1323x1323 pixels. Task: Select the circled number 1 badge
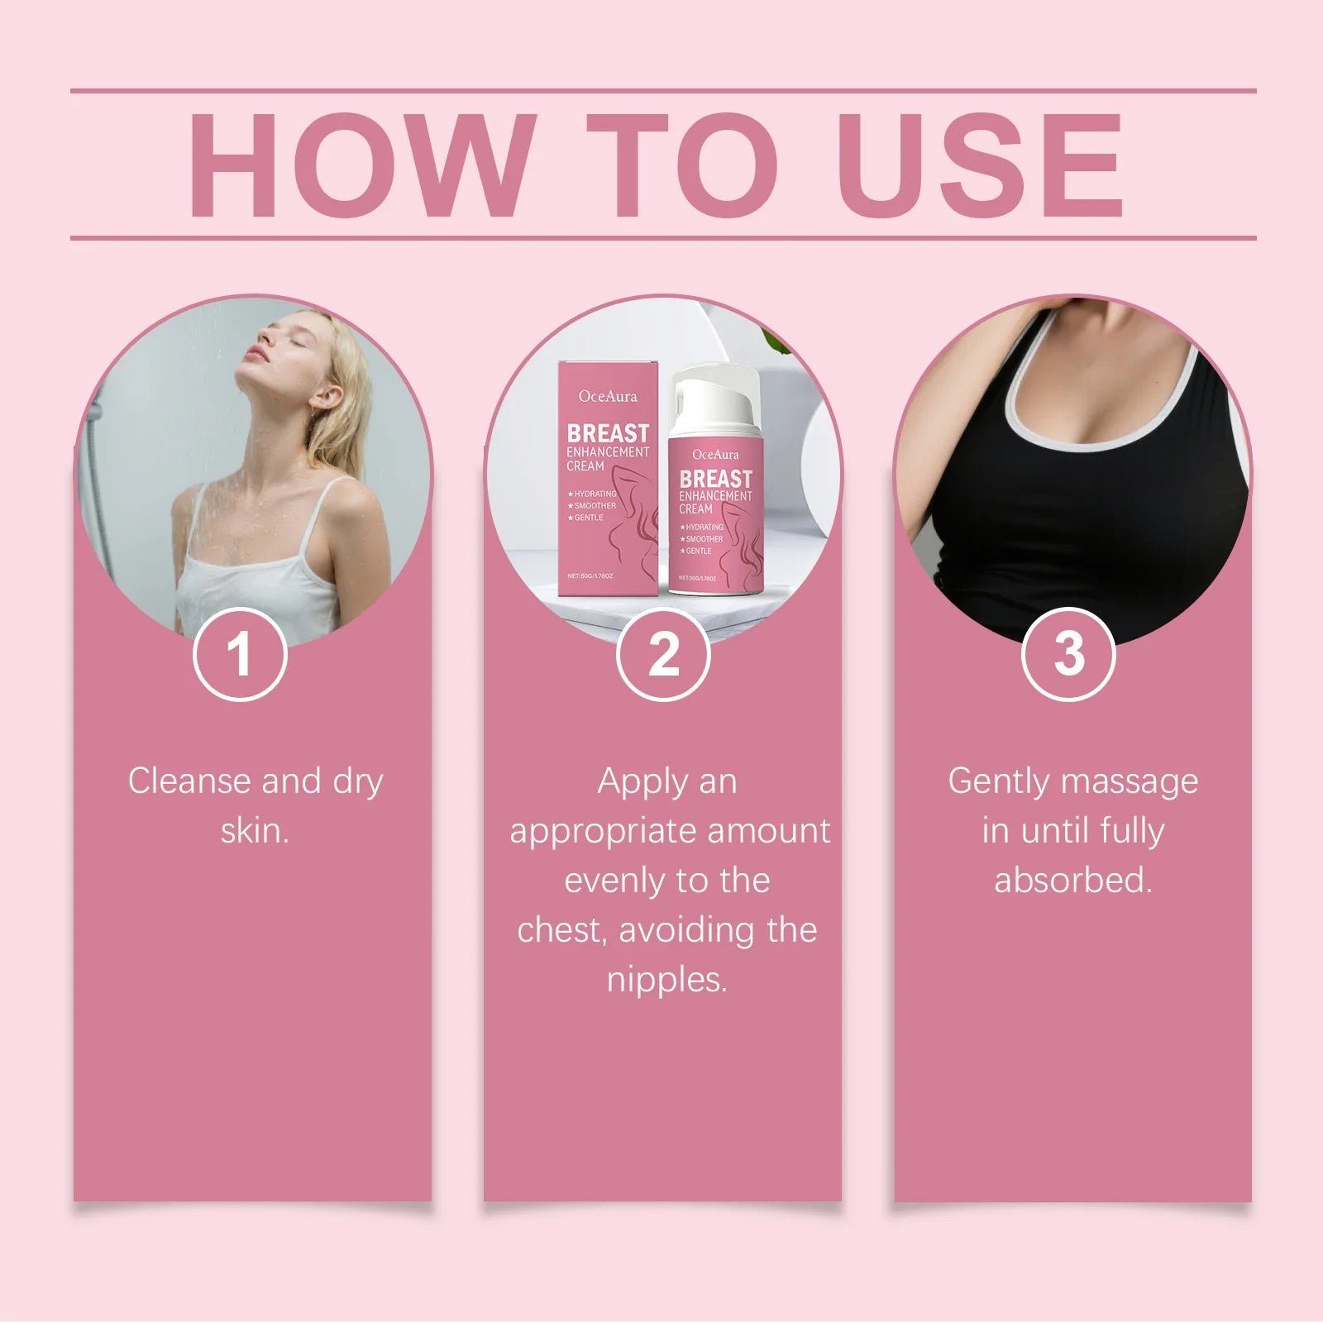(240, 654)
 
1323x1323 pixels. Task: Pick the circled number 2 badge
(663, 654)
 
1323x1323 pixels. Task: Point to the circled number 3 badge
(1068, 654)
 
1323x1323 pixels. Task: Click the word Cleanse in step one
(189, 781)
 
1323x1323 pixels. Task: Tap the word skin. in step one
(255, 831)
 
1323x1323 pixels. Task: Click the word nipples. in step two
(666, 980)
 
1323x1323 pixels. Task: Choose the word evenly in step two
(612, 881)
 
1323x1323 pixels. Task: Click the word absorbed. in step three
(1073, 881)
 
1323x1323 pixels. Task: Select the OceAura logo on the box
(608, 397)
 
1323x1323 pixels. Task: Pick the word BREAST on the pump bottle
(716, 479)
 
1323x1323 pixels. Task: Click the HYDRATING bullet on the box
(593, 494)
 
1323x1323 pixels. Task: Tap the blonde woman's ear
(325, 399)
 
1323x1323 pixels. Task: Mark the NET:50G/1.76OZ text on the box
(590, 576)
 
